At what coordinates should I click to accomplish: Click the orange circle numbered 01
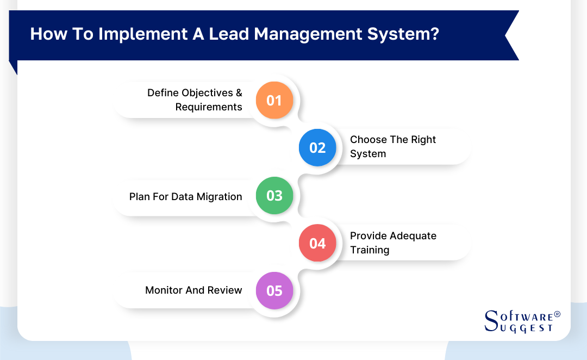(x=274, y=100)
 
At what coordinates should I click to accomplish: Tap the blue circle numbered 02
(x=317, y=147)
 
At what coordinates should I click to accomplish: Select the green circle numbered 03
(x=274, y=196)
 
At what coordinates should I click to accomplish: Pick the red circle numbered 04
(x=317, y=243)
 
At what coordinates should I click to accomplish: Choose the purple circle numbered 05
(x=274, y=291)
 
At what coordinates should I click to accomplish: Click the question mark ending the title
(x=434, y=34)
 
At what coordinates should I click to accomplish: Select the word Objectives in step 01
(x=206, y=93)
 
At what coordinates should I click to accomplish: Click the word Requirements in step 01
(x=209, y=107)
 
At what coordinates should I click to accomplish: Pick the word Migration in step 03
(x=220, y=197)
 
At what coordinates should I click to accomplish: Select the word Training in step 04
(x=370, y=250)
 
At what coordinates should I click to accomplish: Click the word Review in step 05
(x=224, y=290)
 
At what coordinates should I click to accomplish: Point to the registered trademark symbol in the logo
(x=557, y=315)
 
